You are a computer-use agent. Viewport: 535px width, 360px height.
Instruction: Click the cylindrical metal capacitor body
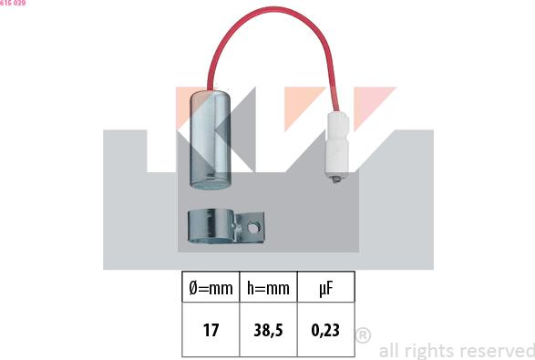click(211, 139)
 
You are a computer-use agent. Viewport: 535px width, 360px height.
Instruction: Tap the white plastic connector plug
click(336, 143)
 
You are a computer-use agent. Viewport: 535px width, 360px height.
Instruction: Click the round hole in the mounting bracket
click(254, 227)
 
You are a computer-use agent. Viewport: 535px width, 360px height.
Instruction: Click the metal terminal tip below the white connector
click(336, 178)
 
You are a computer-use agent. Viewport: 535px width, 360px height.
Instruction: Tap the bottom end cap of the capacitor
click(211, 183)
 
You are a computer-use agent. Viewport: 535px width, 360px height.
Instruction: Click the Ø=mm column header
click(211, 288)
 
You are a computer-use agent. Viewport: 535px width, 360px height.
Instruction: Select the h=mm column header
click(268, 288)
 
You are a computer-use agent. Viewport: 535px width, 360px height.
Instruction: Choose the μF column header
click(326, 289)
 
